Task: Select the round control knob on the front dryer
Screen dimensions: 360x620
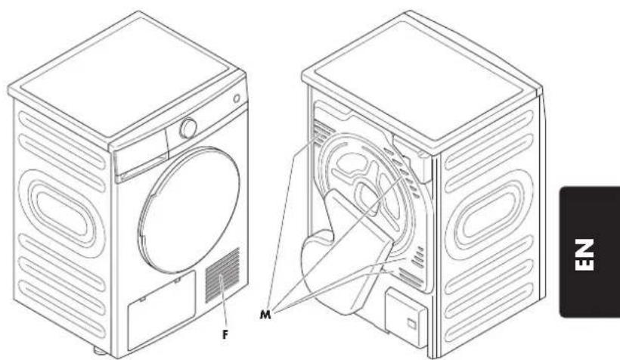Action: click(x=188, y=129)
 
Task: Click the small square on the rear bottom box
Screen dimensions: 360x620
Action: click(x=410, y=324)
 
